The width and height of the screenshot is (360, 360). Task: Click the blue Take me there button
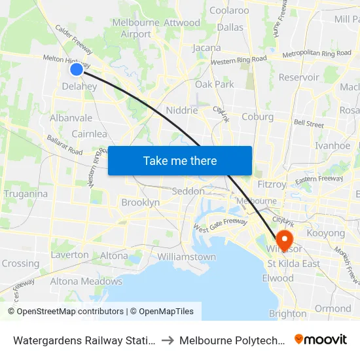pyautogui.click(x=180, y=160)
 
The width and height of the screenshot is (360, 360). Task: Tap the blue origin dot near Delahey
pyautogui.click(x=77, y=69)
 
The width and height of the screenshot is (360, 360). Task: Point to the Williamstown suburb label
pyautogui.click(x=187, y=257)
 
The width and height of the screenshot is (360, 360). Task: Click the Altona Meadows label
pyautogui.click(x=86, y=281)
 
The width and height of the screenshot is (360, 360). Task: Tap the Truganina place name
pyautogui.click(x=26, y=194)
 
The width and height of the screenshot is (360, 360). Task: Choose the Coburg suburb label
pyautogui.click(x=257, y=117)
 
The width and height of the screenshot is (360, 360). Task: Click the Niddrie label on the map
pyautogui.click(x=182, y=111)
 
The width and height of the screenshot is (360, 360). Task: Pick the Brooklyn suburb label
pyautogui.click(x=140, y=203)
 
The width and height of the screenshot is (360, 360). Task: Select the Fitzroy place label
pyautogui.click(x=272, y=185)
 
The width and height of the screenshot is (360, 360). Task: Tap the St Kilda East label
pyautogui.click(x=293, y=264)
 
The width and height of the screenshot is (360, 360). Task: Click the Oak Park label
pyautogui.click(x=214, y=84)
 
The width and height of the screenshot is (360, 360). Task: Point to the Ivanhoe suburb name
pyautogui.click(x=333, y=146)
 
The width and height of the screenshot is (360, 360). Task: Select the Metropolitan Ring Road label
pyautogui.click(x=317, y=53)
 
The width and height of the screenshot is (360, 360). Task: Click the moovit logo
pyautogui.click(x=321, y=339)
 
